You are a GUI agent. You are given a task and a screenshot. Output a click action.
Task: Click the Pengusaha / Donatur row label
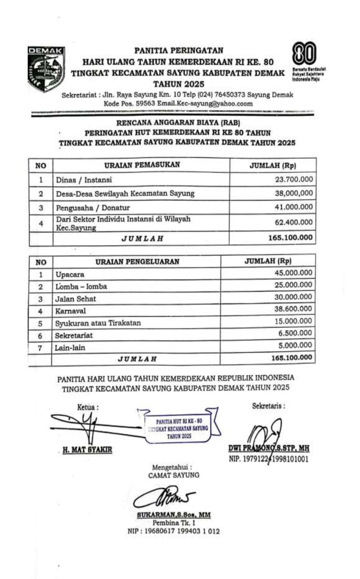pos(93,208)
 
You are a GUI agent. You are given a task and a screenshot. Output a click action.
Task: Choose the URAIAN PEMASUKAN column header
pos(142,165)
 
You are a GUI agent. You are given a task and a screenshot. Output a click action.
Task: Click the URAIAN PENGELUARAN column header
pos(137,262)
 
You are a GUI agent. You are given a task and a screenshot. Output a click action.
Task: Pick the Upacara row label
pos(70,275)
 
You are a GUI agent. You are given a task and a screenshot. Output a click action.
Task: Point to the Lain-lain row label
pos(70,347)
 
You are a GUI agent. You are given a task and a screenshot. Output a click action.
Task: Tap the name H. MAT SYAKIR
pos(88,450)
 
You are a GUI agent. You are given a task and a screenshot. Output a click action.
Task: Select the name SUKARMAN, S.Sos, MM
pos(174,515)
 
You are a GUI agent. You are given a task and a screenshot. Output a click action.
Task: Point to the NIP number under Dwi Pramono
pos(269,459)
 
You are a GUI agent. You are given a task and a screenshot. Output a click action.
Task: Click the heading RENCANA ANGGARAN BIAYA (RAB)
pos(178,123)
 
